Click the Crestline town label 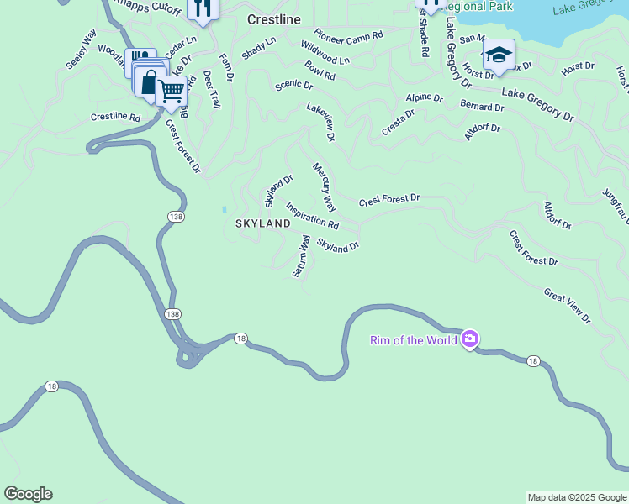click(x=273, y=18)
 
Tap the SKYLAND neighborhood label click(x=262, y=223)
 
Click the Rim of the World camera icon click(x=469, y=339)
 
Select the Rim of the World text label click(x=414, y=340)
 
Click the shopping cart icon click(x=172, y=90)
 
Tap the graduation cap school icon click(x=499, y=55)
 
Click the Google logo click(x=28, y=494)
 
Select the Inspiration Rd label click(x=312, y=216)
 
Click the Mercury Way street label click(x=325, y=187)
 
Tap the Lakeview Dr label click(x=321, y=122)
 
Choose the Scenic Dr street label click(x=294, y=86)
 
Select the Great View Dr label click(x=568, y=307)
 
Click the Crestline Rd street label click(x=115, y=117)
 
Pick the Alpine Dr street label click(x=424, y=97)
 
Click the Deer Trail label click(x=211, y=89)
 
